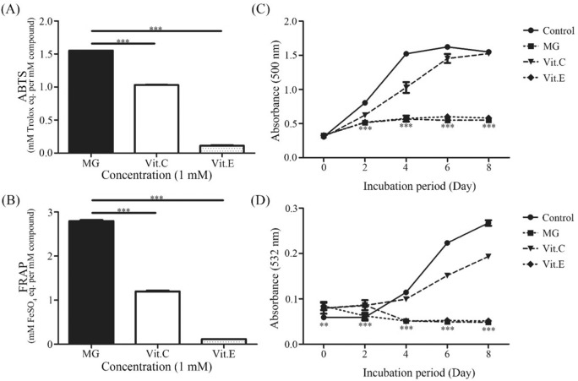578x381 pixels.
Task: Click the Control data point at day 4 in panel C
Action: click(x=406, y=54)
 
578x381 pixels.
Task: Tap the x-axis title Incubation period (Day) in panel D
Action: click(x=406, y=372)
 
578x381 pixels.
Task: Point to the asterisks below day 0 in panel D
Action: click(x=324, y=325)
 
